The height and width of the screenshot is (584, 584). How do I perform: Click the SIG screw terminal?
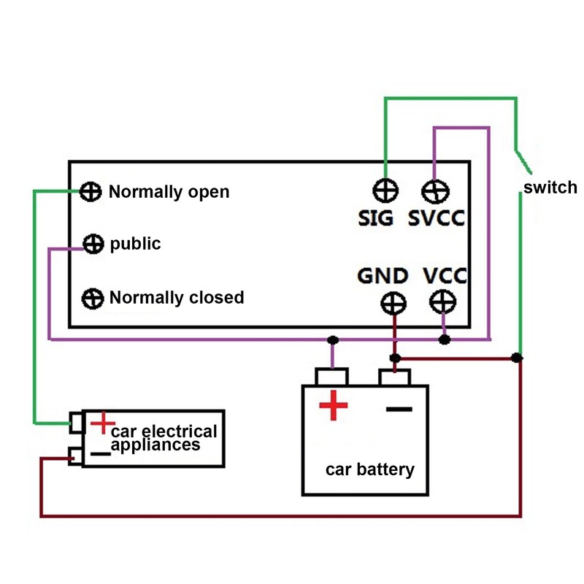point(385,191)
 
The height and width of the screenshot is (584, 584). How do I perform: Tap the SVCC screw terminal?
point(435,191)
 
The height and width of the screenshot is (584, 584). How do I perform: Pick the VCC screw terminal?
point(443,301)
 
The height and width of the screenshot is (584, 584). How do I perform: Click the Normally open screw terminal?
point(91,192)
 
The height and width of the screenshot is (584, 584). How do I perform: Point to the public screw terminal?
point(93,244)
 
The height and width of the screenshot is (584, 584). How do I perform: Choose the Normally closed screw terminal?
point(92,298)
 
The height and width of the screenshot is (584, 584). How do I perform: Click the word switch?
point(550,188)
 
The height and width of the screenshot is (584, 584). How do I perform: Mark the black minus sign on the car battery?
point(399,409)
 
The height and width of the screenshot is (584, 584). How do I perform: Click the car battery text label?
point(369,469)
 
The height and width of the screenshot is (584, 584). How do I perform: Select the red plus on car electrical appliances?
point(103,422)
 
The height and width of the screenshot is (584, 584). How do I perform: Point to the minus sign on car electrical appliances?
point(101,453)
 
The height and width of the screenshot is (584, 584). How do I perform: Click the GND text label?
point(383,276)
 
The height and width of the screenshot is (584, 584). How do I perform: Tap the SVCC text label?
point(437,218)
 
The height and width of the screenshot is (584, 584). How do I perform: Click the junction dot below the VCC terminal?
point(444,339)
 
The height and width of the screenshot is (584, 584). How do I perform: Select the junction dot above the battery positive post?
point(333,340)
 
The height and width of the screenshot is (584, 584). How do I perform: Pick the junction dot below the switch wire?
point(517,358)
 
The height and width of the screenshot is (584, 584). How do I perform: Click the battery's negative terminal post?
point(394,377)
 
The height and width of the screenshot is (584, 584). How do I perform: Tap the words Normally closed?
point(177,298)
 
